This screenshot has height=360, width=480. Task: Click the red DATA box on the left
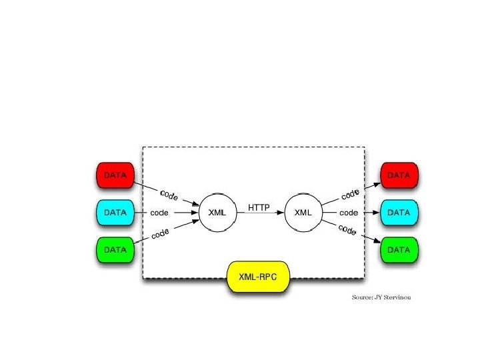[115, 175]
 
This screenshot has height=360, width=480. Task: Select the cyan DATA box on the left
[115, 213]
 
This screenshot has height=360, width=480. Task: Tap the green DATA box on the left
[115, 250]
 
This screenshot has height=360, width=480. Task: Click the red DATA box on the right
[399, 175]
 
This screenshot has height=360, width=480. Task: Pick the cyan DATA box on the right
[399, 213]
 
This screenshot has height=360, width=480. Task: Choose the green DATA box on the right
[399, 250]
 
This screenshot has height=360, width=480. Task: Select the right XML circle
[303, 213]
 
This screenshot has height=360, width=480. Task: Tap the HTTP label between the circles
[259, 207]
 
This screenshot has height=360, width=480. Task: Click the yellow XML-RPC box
[259, 276]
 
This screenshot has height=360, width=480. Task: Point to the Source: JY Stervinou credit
[381, 297]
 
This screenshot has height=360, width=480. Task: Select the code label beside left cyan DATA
[159, 213]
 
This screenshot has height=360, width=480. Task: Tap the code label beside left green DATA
[160, 233]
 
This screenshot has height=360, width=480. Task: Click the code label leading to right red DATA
[350, 194]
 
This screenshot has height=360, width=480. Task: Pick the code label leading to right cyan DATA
[349, 213]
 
